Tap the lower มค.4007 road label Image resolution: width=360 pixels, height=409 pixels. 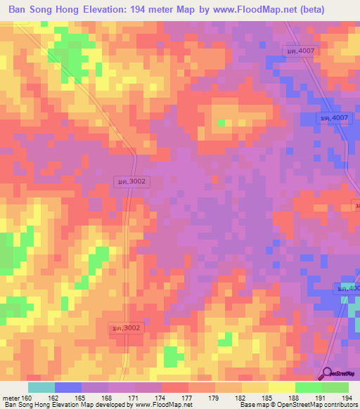click(x=333, y=118)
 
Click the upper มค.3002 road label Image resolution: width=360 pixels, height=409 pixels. click(x=131, y=181)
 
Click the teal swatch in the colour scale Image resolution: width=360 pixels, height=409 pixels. click(x=41, y=387)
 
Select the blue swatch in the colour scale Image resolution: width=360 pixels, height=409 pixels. click(x=68, y=387)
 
